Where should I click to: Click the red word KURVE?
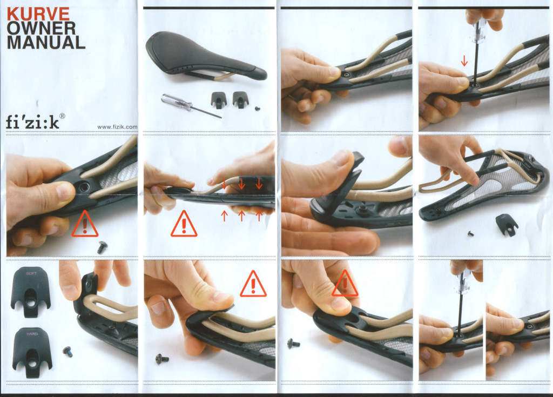click(38, 14)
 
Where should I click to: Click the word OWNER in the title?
click(41, 29)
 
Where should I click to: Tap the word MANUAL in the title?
click(46, 43)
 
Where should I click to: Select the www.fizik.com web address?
click(117, 127)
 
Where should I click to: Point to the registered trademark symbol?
click(62, 116)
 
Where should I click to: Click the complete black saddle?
click(206, 57)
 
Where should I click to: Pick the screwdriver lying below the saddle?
click(191, 105)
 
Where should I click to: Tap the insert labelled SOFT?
click(31, 292)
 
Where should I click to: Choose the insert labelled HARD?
click(32, 352)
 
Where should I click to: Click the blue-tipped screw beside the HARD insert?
click(68, 352)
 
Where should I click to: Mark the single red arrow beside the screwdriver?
click(464, 62)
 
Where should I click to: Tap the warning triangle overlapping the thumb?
click(345, 284)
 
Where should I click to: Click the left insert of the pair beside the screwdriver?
click(218, 100)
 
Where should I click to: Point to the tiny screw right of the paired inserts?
click(258, 109)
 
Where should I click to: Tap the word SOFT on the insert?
click(31, 273)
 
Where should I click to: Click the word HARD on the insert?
click(32, 333)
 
